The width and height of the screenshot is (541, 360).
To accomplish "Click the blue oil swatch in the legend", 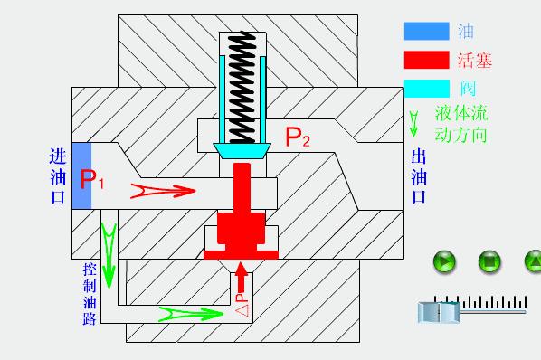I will pyautogui.click(x=426, y=31).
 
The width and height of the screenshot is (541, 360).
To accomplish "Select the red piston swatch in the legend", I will pyautogui.click(x=426, y=60).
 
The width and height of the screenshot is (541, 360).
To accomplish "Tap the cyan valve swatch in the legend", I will pyautogui.click(x=426, y=88).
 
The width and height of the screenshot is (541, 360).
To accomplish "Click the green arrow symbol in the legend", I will pyautogui.click(x=415, y=123).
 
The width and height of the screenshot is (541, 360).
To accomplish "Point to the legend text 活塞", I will pyautogui.click(x=475, y=61).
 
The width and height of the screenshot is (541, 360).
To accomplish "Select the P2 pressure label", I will pyautogui.click(x=298, y=137).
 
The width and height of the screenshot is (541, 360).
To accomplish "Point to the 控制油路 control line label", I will pyautogui.click(x=89, y=294).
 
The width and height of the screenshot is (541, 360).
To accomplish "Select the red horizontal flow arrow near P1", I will pyautogui.click(x=163, y=190).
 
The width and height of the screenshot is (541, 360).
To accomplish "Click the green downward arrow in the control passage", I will pyautogui.click(x=109, y=252).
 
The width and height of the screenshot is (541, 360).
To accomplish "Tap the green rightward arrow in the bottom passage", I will pyautogui.click(x=191, y=314).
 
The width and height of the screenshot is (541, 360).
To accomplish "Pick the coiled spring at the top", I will pyautogui.click(x=242, y=85).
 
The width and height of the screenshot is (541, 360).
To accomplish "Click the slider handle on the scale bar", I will pyautogui.click(x=439, y=312).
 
